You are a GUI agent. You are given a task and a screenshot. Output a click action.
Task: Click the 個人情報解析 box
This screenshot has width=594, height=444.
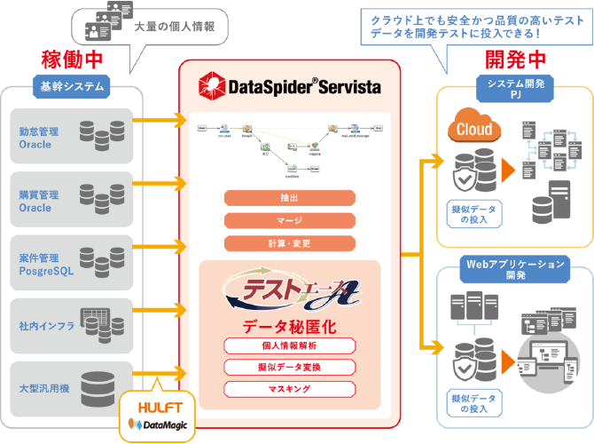[290, 345]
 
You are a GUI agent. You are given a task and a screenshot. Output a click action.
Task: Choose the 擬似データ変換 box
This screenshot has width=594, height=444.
[290, 366]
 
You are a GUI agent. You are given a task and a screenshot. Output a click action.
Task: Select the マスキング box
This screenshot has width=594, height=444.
[290, 388]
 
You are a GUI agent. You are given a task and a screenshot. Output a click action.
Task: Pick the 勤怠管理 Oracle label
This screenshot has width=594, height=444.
[36, 137]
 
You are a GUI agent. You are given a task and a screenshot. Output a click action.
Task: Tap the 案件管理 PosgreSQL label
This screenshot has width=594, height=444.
[45, 264]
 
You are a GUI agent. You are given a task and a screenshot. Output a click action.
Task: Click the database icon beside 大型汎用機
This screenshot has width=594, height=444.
[98, 388]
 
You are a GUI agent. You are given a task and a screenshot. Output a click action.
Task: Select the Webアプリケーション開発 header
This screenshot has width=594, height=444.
[515, 269]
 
